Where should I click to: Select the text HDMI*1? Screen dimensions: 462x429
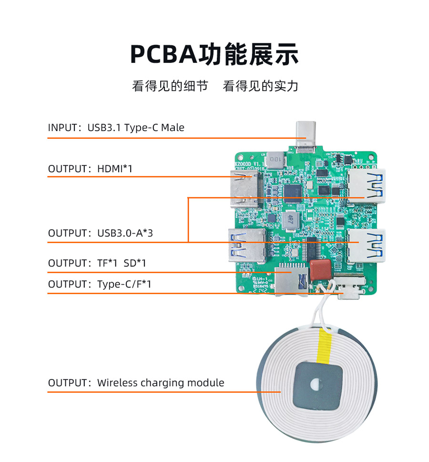pos(115,169)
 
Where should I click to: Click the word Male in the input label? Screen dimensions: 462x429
pos(173,128)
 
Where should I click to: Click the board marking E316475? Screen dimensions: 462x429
pos(260,287)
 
